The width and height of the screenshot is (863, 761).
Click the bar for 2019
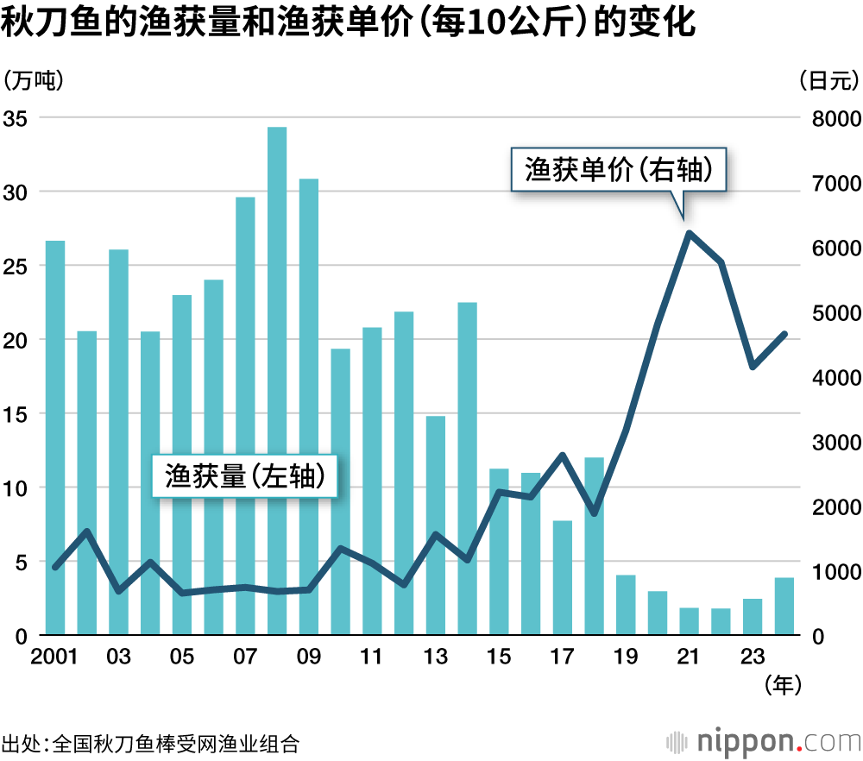click(626, 605)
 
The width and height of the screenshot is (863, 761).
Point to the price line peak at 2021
click(689, 232)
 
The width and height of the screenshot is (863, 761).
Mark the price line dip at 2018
click(594, 513)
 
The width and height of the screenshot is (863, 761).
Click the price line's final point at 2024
click(784, 333)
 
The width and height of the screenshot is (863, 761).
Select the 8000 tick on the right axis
click(835, 118)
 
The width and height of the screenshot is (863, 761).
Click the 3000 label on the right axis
click(835, 443)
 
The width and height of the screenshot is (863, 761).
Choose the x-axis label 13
click(435, 658)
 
